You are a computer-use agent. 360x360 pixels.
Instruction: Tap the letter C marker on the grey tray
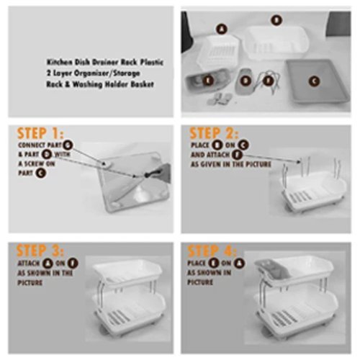pos(312,81)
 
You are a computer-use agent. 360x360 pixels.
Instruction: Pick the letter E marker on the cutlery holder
pos(208,81)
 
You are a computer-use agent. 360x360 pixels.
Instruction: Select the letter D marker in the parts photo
pos(246,81)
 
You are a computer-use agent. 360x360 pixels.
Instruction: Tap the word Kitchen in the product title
pos(60,63)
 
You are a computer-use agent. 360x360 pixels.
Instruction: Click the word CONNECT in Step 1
pos(30,145)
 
